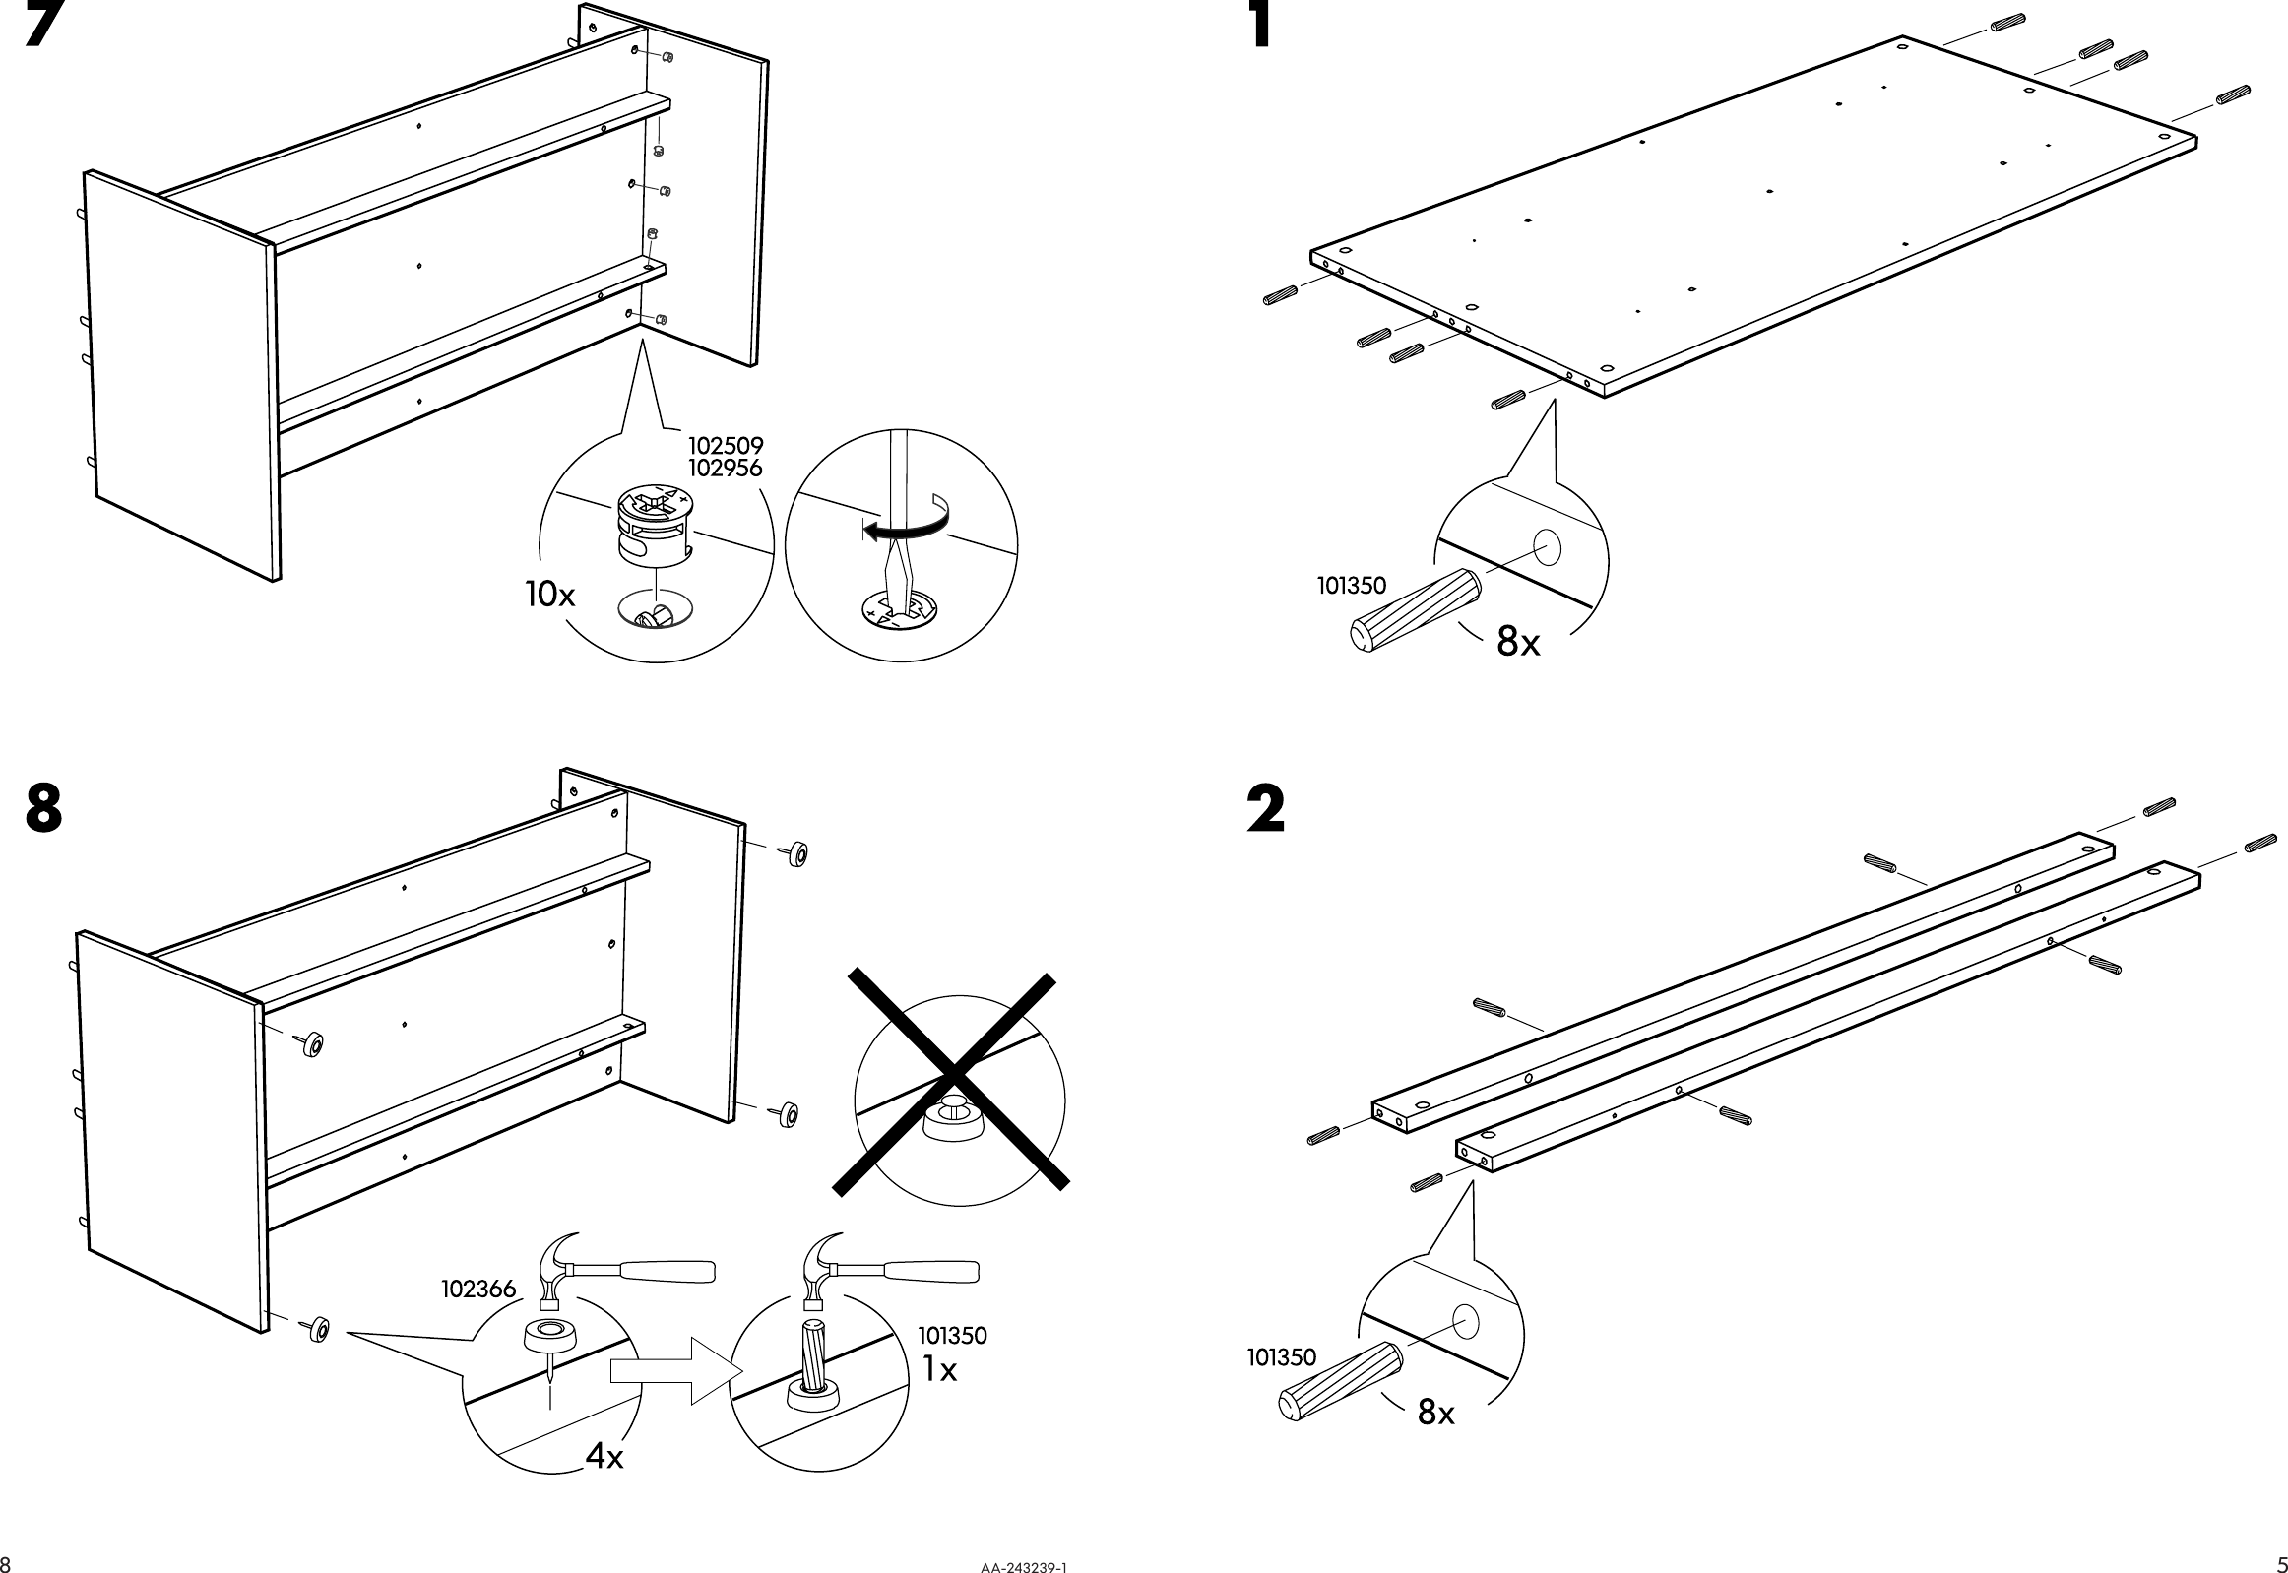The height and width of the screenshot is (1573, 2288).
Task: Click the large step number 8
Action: pos(44,809)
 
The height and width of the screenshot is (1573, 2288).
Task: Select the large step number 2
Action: pos(1267,809)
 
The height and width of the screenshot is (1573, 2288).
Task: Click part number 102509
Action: pos(726,448)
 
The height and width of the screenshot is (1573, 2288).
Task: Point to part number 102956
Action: pos(726,470)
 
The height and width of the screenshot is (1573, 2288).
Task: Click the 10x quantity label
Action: pos(550,595)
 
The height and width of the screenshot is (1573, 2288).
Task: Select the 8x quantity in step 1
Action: pos(1518,643)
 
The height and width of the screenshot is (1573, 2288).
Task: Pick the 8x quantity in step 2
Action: pos(1436,1414)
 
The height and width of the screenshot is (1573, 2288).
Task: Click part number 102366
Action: pos(478,1290)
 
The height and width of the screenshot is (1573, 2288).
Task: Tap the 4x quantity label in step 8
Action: pos(604,1457)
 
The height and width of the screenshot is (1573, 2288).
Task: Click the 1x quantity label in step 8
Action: pos(939,1370)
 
